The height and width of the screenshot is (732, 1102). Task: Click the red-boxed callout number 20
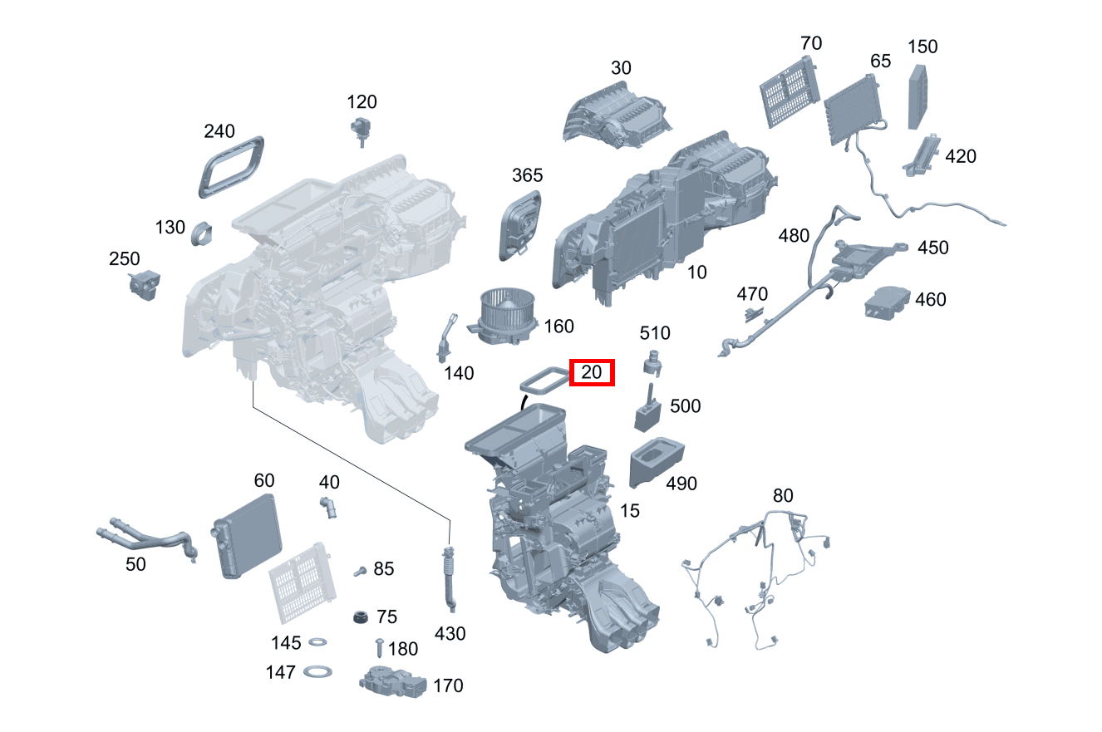click(591, 372)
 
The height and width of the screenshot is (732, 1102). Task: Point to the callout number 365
click(527, 175)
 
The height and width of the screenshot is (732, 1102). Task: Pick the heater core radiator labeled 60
click(248, 535)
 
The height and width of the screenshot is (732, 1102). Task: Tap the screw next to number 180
click(380, 647)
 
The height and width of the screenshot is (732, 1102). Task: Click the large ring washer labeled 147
click(317, 671)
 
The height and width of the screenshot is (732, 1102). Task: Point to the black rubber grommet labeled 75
click(360, 618)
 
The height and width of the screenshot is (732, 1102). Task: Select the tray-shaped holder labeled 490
click(656, 460)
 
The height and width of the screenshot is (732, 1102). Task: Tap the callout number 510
click(654, 333)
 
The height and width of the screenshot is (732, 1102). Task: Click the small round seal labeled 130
click(201, 233)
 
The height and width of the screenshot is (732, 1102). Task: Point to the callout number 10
click(697, 272)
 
